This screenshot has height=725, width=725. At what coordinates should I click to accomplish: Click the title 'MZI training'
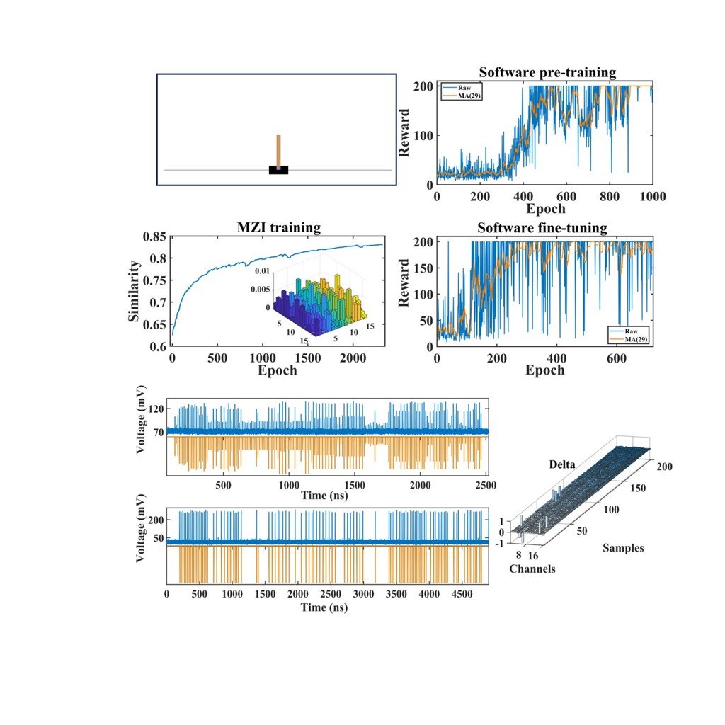coord(278,228)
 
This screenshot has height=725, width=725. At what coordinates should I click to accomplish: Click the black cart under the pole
coord(278,170)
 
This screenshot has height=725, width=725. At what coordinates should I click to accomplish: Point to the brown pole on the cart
coord(278,152)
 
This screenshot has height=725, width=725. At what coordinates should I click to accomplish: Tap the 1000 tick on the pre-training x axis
coord(651,196)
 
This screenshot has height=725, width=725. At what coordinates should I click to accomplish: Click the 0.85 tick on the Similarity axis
coord(158,236)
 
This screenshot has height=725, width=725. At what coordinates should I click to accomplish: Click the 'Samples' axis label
coord(623,547)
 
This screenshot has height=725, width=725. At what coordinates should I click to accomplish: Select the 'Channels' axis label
coord(532,569)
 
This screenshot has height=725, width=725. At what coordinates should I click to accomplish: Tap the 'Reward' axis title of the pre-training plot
coord(405,132)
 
